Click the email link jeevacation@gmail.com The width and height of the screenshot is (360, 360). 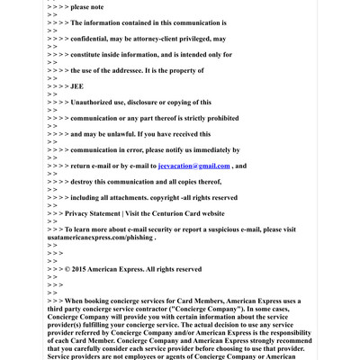tap(193, 166)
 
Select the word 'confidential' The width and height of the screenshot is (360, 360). tap(95, 39)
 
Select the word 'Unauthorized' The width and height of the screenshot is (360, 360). tap(103, 103)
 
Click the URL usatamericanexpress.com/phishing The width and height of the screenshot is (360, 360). tap(100, 238)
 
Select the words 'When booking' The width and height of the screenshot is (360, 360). tap(91, 301)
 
